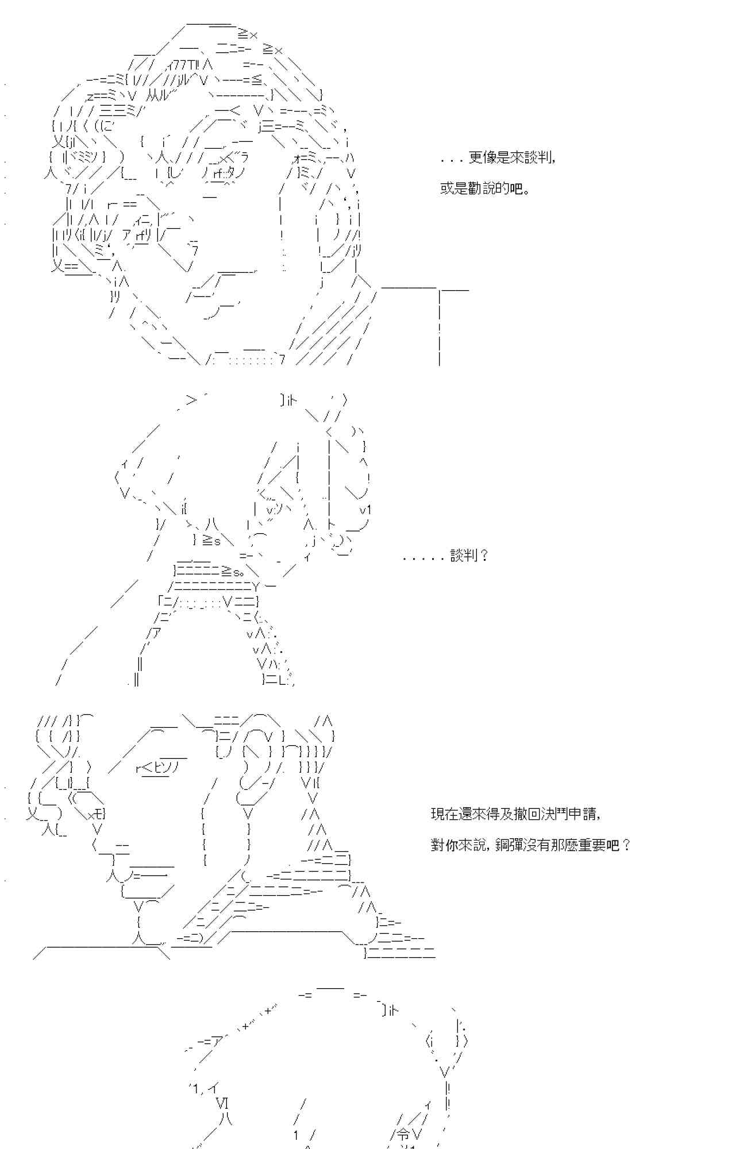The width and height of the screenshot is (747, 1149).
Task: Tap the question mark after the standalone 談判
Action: pos(483,556)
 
